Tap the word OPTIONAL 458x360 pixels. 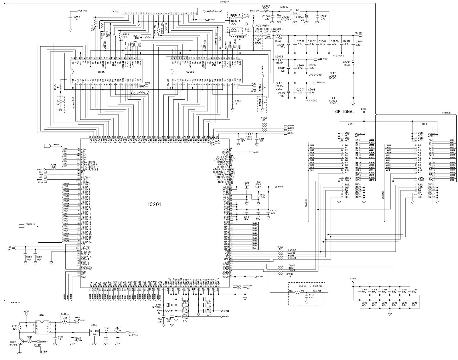[345, 112]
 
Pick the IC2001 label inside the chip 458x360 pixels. [102, 72]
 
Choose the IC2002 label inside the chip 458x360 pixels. [190, 72]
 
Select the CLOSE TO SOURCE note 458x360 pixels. [307, 286]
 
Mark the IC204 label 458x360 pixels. [93, 325]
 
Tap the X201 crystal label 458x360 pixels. [158, 305]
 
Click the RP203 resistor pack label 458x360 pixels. [264, 117]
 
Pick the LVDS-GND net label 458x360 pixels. [315, 75]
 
